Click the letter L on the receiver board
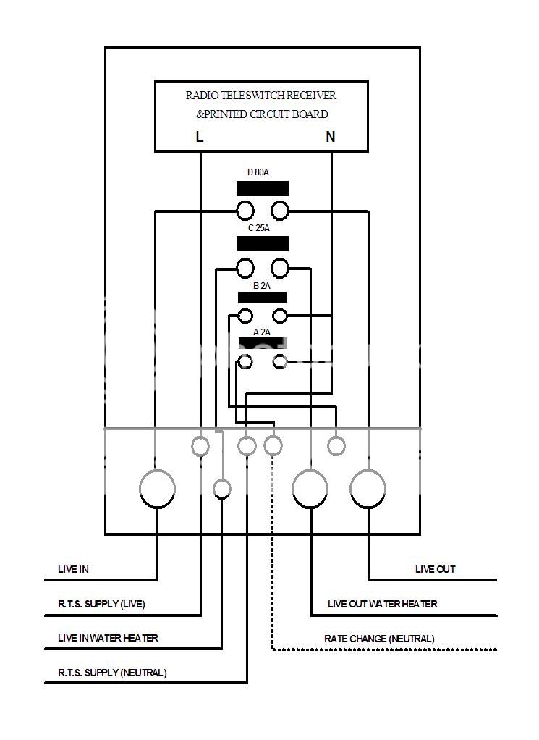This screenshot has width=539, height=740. coord(200,136)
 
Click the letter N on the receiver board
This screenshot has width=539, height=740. coord(331,136)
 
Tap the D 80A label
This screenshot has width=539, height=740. coord(258,172)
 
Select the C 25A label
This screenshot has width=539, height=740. coord(258,228)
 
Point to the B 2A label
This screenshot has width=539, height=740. coord(261,286)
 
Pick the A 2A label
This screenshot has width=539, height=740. coord(261,332)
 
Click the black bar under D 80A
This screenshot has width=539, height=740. coord(263,189)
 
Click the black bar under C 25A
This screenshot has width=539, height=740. coord(263,244)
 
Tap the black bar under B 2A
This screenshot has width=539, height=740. coord(263,298)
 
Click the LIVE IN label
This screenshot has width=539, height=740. coord(73,569)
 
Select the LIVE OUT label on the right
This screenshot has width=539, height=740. coord(435,569)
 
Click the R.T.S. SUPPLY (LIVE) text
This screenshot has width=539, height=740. coord(106,604)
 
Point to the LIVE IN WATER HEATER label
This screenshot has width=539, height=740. coord(108,638)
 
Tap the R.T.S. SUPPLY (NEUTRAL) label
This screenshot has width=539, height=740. coord(112,673)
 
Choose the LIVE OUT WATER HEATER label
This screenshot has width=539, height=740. coord(382,604)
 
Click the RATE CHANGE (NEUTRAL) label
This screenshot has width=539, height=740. coord(379,639)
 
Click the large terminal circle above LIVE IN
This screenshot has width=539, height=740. coord(157,489)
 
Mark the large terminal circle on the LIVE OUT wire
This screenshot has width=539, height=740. coord(368,489)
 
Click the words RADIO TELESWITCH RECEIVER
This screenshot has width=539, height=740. coord(260,96)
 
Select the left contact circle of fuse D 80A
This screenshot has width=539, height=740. coord(245,211)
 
